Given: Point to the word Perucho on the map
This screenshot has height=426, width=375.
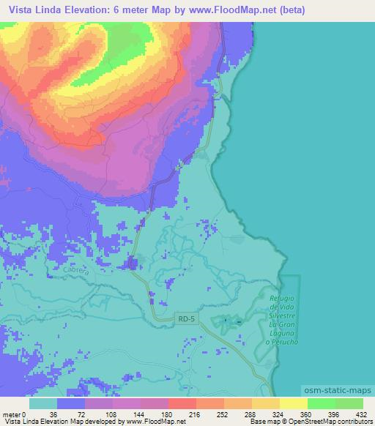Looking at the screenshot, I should pyautogui.click(x=282, y=342).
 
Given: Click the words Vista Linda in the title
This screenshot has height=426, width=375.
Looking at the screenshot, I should pyautogui.click(x=36, y=10).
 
